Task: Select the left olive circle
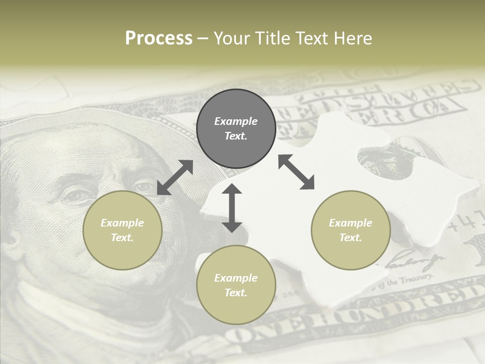122,230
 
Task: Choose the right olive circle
351,230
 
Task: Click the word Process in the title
159,38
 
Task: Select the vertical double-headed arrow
232,208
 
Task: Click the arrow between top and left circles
175,177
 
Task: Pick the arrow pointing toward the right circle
297,172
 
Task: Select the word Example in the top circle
236,121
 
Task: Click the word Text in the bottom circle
236,293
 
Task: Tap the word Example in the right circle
351,223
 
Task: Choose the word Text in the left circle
122,238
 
